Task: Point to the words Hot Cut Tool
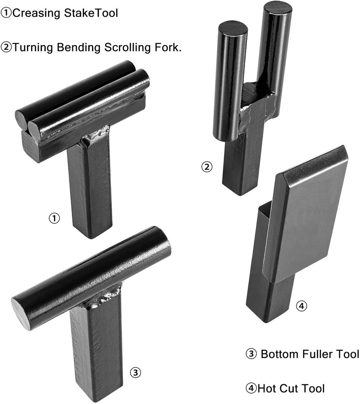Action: coord(291,389)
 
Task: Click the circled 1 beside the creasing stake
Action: coord(54,219)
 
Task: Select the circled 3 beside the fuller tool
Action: coord(136,372)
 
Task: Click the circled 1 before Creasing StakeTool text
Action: coord(6,13)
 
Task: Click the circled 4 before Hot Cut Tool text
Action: coord(251,389)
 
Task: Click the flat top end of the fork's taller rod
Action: coord(277,8)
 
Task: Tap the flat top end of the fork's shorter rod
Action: coord(233,28)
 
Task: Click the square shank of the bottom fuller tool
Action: coord(95,351)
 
